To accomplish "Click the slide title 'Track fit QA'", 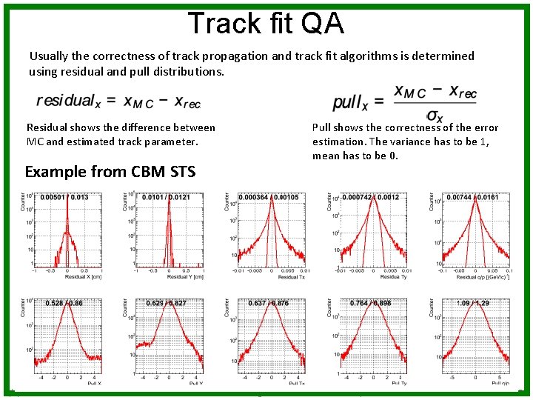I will pos(266,23).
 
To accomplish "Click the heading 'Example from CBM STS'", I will pos(110,172).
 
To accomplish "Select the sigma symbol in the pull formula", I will pos(435,116).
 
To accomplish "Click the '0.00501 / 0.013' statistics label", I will pos(64,197).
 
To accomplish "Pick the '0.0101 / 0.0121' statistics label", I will pos(167,197).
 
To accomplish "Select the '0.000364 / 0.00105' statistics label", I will pos(269,197).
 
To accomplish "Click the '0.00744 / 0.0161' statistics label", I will pos(474,197).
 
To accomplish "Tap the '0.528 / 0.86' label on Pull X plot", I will pos(64,304).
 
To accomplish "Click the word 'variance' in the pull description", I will pos(432,142).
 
